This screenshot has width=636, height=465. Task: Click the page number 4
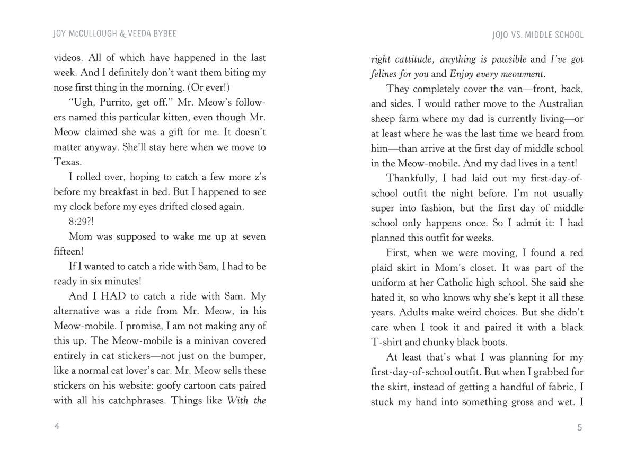[x=57, y=427]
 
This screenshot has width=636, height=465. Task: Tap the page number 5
[x=580, y=427]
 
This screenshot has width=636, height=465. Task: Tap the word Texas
[x=67, y=161]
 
